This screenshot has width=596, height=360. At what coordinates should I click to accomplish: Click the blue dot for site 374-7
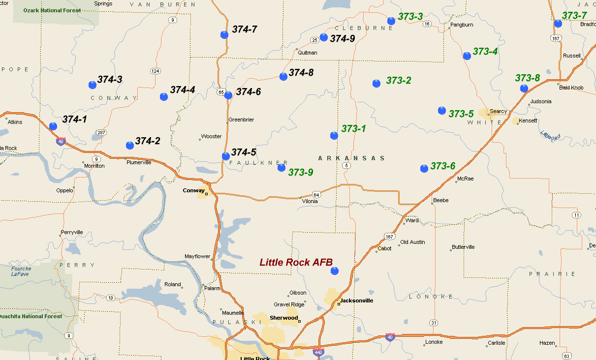tap(224, 34)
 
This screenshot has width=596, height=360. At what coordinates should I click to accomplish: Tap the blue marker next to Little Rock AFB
tap(335, 271)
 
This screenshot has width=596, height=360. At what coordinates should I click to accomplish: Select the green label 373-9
tap(300, 172)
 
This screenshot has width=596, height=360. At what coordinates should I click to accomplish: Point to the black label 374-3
tap(110, 79)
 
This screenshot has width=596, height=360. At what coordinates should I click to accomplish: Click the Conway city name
tap(193, 190)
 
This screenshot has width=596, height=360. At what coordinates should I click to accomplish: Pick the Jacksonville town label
tap(356, 300)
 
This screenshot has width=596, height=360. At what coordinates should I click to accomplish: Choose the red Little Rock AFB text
tap(292, 263)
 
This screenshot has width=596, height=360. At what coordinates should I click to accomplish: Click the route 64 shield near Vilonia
tap(316, 195)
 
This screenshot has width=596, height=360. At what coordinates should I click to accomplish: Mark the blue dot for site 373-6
tap(424, 169)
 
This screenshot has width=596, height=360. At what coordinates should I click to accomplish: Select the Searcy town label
tap(498, 112)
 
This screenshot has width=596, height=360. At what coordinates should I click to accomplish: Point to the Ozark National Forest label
tap(52, 10)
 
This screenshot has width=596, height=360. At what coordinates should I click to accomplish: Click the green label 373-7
tap(574, 15)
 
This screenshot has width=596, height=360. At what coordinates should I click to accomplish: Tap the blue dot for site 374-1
tap(53, 126)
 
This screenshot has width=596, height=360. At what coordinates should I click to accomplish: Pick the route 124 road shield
tap(156, 71)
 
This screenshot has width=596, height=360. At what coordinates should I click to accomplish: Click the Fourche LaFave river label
tap(21, 271)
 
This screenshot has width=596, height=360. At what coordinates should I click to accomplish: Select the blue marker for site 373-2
tap(376, 84)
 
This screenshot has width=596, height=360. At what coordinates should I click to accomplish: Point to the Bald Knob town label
tap(571, 88)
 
